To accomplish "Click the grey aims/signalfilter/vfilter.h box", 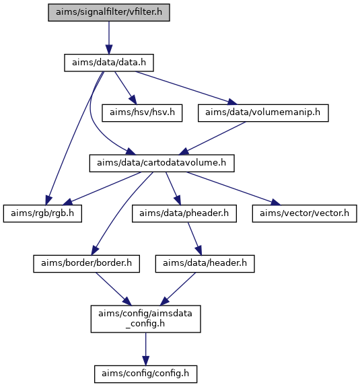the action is click(x=109, y=12).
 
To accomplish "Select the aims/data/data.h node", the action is click(x=109, y=63).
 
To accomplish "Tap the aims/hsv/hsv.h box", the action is click(x=142, y=113).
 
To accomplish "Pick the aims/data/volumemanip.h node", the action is click(x=263, y=113).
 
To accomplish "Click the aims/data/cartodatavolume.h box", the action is click(x=161, y=163).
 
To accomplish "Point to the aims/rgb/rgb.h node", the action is click(x=42, y=213).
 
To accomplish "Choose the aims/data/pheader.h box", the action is click(x=184, y=213).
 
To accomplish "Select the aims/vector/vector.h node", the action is click(x=304, y=213).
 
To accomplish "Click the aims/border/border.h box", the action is click(x=86, y=264).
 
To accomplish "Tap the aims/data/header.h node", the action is click(x=205, y=264).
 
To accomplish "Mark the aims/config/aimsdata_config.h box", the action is click(x=145, y=319).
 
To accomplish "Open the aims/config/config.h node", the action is click(x=145, y=374).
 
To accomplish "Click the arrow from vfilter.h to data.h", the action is click(x=109, y=38).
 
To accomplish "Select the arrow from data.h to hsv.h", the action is click(x=125, y=88).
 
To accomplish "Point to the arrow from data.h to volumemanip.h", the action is click(x=186, y=88).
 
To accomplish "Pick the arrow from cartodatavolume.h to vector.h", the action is click(x=233, y=188).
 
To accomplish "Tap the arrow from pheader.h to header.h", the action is click(x=195, y=239).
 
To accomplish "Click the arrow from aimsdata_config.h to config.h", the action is click(x=145, y=349).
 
